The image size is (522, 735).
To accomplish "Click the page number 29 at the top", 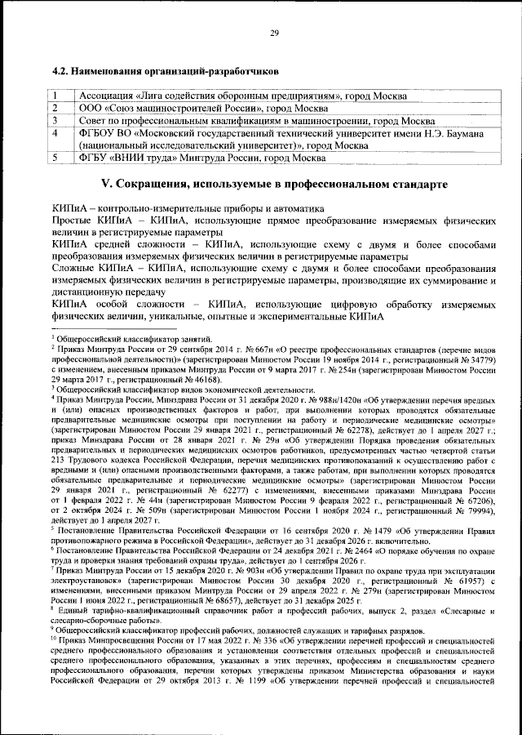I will coord(274,33).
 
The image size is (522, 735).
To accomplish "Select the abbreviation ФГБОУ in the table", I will coord(100,132).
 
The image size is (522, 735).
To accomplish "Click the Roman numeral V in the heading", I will coord(104,181).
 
